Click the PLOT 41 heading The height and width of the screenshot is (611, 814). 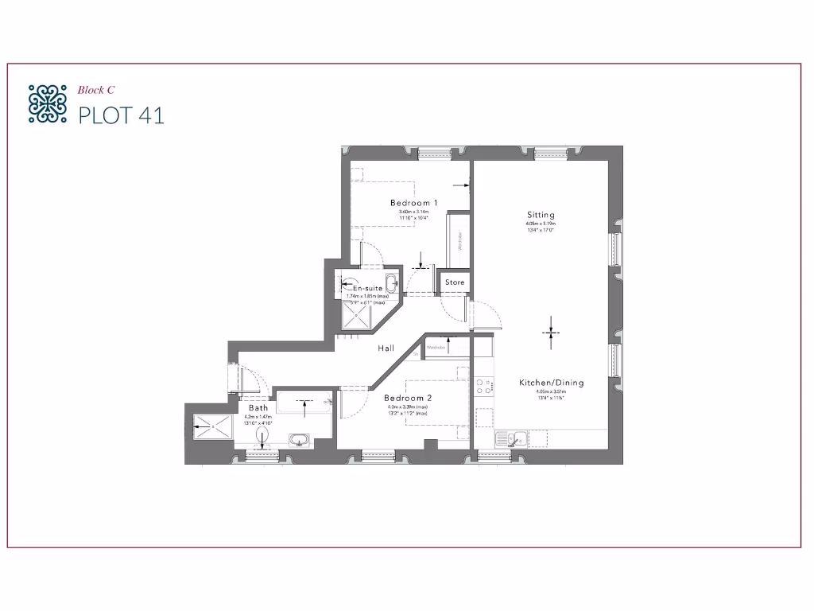pos(121,115)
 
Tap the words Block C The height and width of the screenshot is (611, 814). pos(96,90)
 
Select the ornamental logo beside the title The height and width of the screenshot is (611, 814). pos(47,103)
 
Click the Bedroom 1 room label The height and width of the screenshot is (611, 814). pos(413,204)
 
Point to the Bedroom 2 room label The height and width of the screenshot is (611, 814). pos(407,398)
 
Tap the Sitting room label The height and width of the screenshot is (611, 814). pos(541,215)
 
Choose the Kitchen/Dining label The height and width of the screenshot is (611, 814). pos(551,383)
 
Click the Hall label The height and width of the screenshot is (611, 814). pos(386,348)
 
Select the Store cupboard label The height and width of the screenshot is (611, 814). pos(455,282)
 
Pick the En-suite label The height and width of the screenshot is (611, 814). pos(368,288)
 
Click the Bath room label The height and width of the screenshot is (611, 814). pos(258,407)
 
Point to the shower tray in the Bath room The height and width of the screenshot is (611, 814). pos(212,427)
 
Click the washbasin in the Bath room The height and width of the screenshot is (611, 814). pos(300,439)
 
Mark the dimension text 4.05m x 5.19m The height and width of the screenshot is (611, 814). pos(541,224)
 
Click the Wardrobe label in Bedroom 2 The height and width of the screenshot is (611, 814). pos(436,348)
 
